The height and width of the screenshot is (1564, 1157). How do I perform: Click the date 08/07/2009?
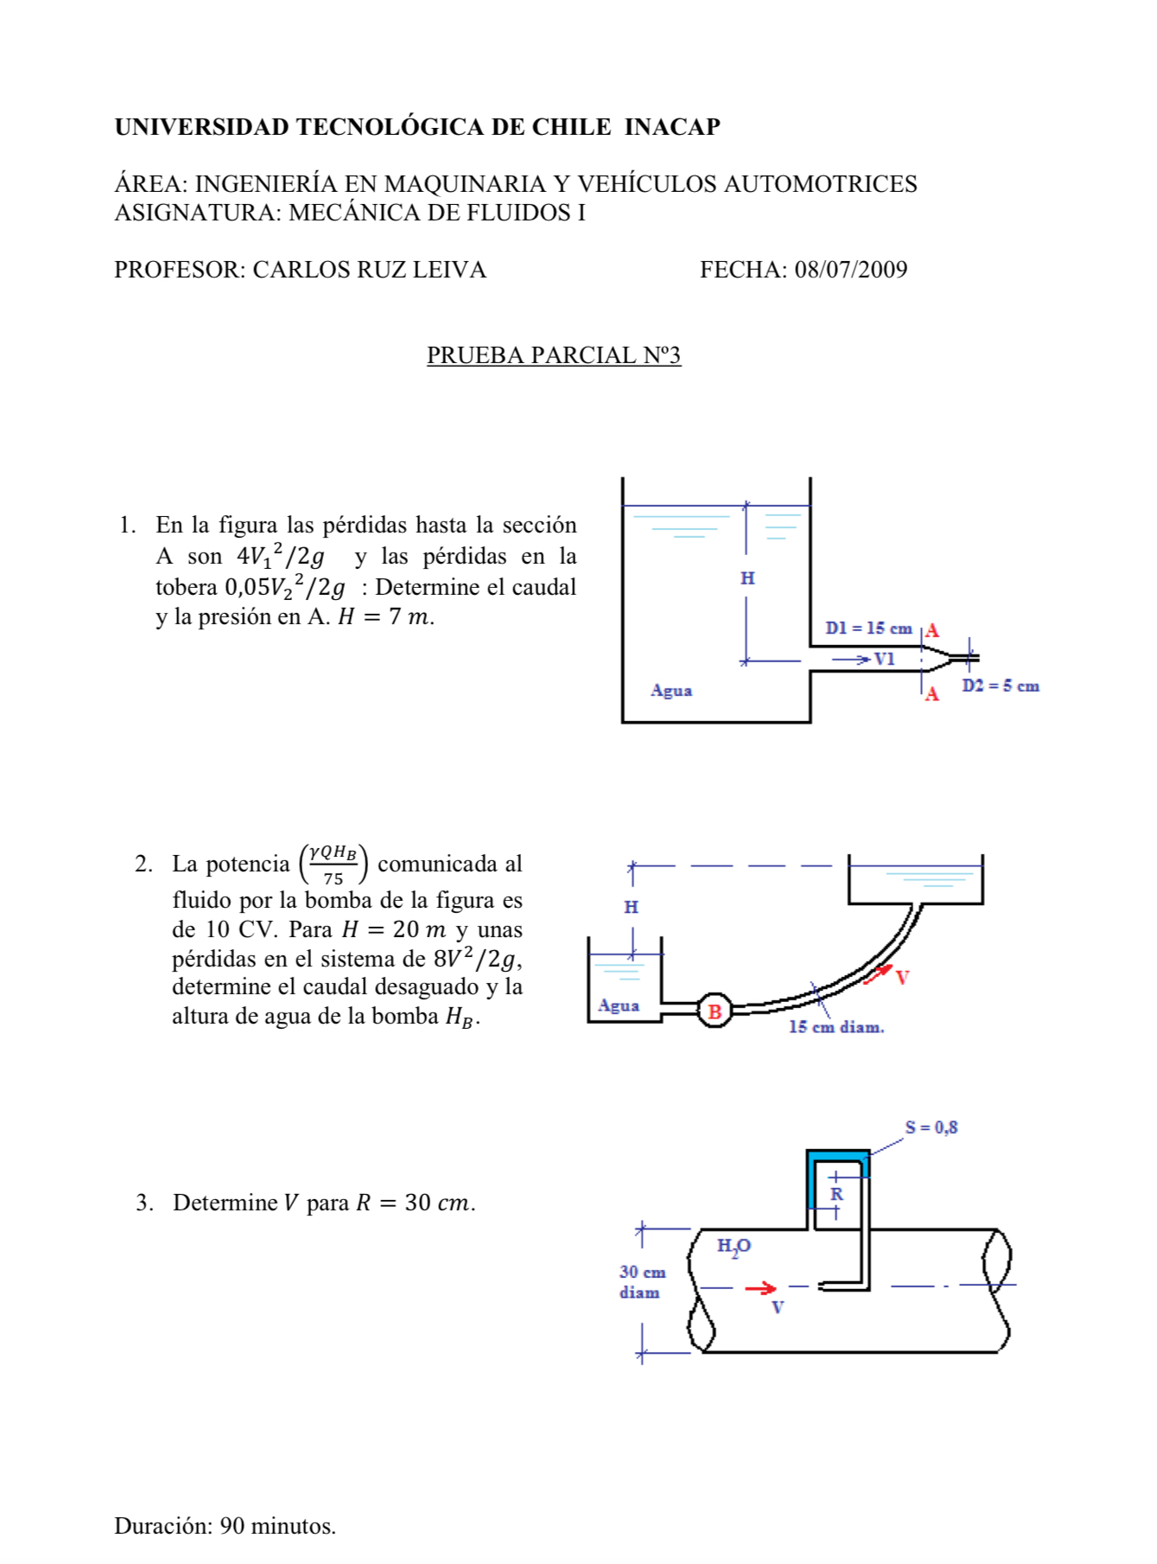[x=851, y=270]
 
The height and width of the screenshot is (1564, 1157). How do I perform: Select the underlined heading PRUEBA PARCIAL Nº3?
[x=554, y=355]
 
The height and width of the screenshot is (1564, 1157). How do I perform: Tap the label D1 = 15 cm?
[x=868, y=629]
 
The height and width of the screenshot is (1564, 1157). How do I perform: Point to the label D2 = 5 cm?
[x=1001, y=686]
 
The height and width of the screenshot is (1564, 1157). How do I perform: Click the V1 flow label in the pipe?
[x=884, y=659]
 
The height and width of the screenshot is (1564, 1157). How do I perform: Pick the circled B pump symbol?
[x=715, y=1011]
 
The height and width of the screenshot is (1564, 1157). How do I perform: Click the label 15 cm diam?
[x=836, y=1027]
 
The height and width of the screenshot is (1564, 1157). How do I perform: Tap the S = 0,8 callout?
[x=931, y=1127]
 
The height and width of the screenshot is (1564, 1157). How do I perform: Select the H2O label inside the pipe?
[x=734, y=1247]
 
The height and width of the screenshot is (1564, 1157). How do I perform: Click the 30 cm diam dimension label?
[x=642, y=1282]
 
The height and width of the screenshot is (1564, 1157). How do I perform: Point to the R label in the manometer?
[x=836, y=1194]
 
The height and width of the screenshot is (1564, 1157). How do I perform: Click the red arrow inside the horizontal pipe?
[x=760, y=1288]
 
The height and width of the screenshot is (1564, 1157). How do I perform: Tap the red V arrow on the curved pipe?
[x=879, y=974]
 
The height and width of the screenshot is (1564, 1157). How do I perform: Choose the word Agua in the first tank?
[x=671, y=690]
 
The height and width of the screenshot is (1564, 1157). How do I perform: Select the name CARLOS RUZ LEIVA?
[x=369, y=270]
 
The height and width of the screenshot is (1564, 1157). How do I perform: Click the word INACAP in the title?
[x=672, y=127]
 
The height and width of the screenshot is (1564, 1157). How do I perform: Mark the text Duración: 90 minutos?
[x=225, y=1526]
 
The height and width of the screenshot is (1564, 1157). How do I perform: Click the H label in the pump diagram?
[x=632, y=907]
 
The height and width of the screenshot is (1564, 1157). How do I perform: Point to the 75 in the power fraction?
[x=334, y=878]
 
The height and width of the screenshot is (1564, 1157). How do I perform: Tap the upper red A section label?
[x=932, y=631]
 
